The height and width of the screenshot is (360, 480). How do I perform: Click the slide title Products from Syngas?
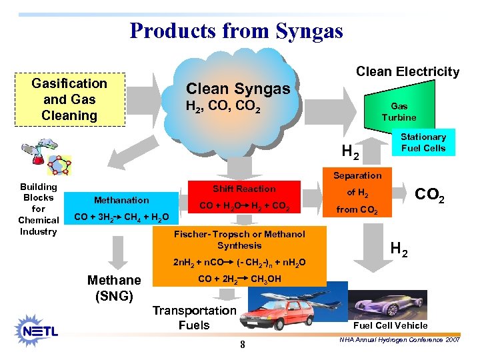(x=236, y=31)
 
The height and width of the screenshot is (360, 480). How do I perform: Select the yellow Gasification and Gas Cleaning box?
(x=69, y=99)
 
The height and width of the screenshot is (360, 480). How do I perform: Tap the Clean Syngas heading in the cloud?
(x=238, y=89)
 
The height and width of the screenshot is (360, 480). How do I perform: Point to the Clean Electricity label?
(x=407, y=71)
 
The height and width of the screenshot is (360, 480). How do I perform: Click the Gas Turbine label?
(x=399, y=111)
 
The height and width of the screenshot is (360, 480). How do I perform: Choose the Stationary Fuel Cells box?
(x=423, y=143)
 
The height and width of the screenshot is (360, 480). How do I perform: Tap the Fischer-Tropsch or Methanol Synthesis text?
(x=239, y=239)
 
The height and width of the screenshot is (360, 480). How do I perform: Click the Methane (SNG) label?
(x=114, y=287)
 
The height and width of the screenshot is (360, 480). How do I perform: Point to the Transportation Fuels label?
(x=194, y=318)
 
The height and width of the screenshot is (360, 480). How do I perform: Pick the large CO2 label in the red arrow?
(x=430, y=195)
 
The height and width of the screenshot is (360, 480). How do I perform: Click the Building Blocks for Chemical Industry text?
(x=39, y=209)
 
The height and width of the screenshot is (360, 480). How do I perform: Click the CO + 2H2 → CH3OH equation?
(x=239, y=279)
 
